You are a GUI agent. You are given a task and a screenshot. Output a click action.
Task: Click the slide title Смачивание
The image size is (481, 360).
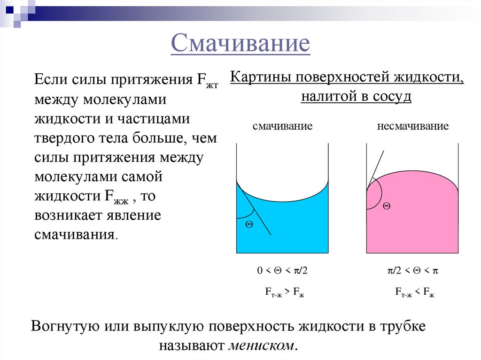(x=240, y=44)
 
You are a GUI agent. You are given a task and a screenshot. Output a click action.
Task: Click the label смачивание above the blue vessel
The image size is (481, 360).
(x=283, y=126)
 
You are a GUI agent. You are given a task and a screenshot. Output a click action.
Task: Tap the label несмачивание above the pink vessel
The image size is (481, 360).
(x=412, y=126)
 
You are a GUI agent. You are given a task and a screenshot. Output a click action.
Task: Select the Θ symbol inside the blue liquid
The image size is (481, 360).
(x=249, y=224)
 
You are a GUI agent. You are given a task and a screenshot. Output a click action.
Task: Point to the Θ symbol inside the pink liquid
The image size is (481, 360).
(x=387, y=206)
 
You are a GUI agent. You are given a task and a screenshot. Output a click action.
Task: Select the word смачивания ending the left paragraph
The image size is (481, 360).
(x=74, y=234)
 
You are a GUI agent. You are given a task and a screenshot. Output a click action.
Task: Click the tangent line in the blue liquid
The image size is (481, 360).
(x=256, y=211)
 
